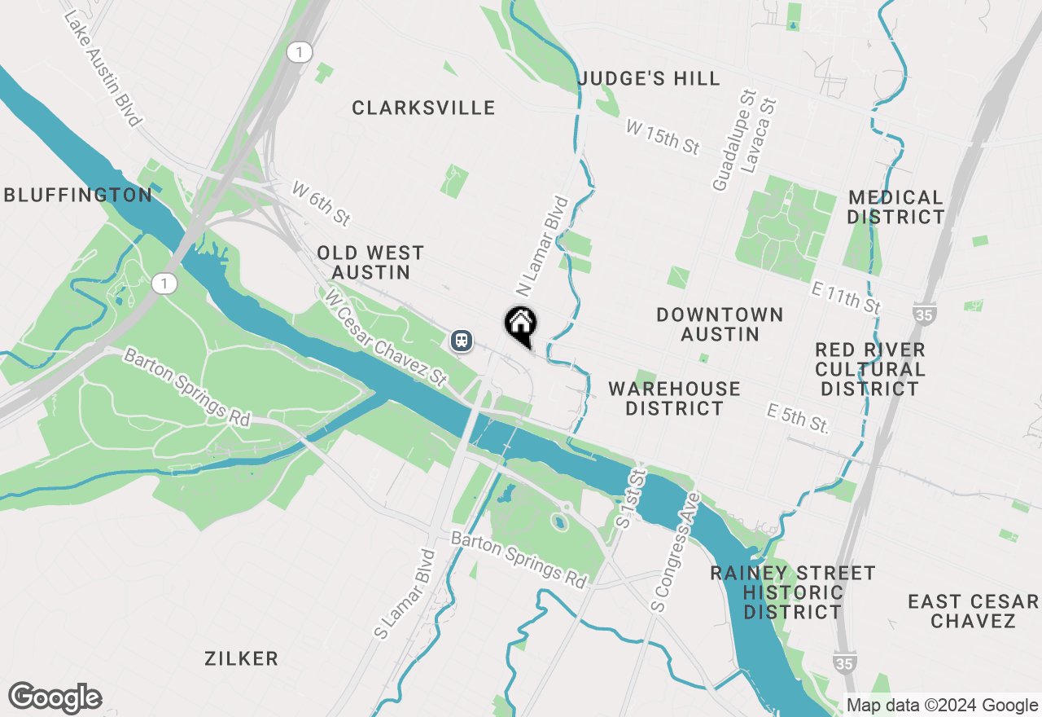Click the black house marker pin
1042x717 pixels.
[520, 325]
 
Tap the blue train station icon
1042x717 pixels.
[462, 340]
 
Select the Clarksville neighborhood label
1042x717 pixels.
[423, 108]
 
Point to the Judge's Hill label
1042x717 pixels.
[649, 79]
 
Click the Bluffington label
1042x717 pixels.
[78, 195]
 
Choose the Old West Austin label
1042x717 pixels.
[370, 262]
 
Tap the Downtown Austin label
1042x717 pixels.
[720, 324]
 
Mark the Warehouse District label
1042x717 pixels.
[674, 398]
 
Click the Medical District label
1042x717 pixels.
[895, 207]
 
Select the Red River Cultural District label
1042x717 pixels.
[870, 369]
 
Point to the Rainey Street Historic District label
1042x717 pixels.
[793, 592]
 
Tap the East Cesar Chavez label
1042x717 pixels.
[974, 611]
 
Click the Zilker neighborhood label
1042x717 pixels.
[242, 658]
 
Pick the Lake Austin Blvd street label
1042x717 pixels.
[101, 68]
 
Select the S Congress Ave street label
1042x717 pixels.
[675, 552]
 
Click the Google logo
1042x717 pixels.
[55, 698]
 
